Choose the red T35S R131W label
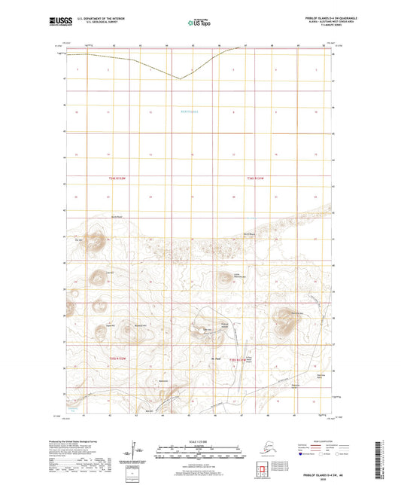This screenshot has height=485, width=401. click(238, 360)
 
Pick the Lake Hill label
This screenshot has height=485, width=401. click(109, 272)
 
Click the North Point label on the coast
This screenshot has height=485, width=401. click(116, 217)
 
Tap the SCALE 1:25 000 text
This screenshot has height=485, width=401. click(199, 442)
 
